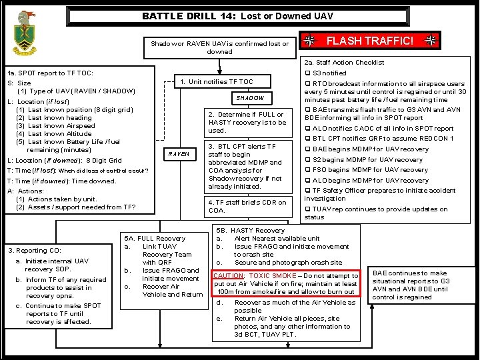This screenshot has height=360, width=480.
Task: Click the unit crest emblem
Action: pyautogui.click(x=25, y=33)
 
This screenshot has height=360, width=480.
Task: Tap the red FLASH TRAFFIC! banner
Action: pyautogui.click(x=370, y=41)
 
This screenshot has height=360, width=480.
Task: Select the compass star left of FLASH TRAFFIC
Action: pyautogui.click(x=309, y=41)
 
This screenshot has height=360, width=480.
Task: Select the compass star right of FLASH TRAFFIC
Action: pyautogui.click(x=431, y=41)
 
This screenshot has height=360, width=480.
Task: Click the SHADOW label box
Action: pyautogui.click(x=249, y=98)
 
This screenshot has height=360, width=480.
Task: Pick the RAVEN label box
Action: pyautogui.click(x=179, y=154)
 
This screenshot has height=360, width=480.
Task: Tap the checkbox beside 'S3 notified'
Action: pyautogui.click(x=307, y=73)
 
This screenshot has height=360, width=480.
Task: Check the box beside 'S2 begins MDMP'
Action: pyautogui.click(x=307, y=160)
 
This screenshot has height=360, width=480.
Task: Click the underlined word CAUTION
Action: pyautogui.click(x=227, y=275)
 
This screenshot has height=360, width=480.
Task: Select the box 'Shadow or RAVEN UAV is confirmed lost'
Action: pyautogui.click(x=219, y=47)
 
